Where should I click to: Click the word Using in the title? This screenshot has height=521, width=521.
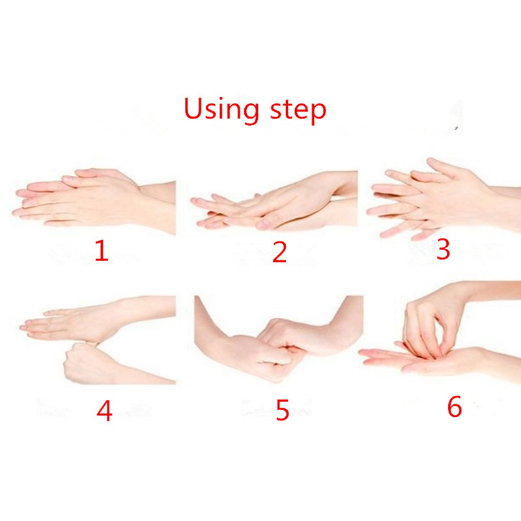point(221,109)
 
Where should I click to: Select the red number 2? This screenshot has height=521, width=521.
point(279,252)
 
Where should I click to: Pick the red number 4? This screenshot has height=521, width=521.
point(104,411)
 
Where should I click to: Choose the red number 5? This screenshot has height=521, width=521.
point(283,410)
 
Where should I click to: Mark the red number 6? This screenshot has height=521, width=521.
point(455,406)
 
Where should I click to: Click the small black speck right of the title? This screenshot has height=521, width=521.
point(457,128)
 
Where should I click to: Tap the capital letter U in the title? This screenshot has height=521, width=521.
point(193,108)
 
